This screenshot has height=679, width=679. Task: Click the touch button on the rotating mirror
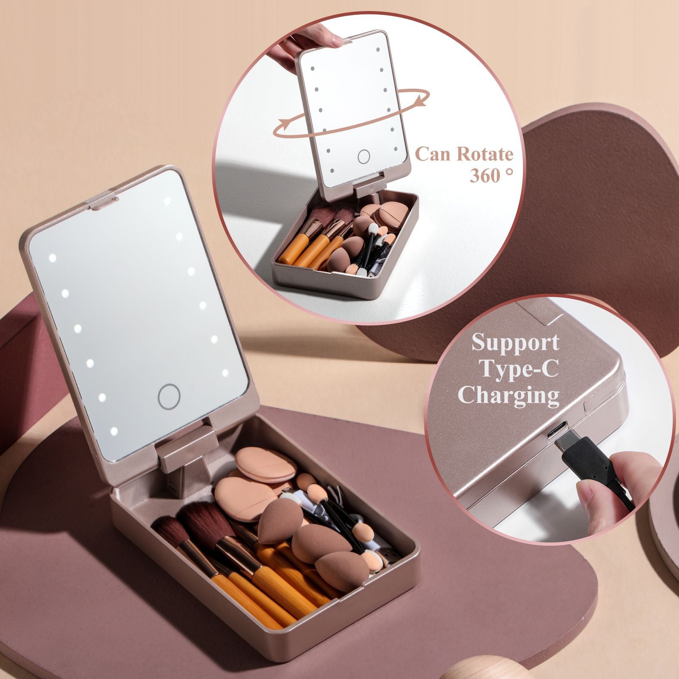point(364,157)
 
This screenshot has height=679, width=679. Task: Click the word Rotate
point(483,154)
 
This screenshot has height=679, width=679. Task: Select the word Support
point(515,342)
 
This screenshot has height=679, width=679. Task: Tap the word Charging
point(508,396)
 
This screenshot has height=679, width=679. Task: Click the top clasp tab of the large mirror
point(102,203)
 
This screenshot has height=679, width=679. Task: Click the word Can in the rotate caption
point(435,154)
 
